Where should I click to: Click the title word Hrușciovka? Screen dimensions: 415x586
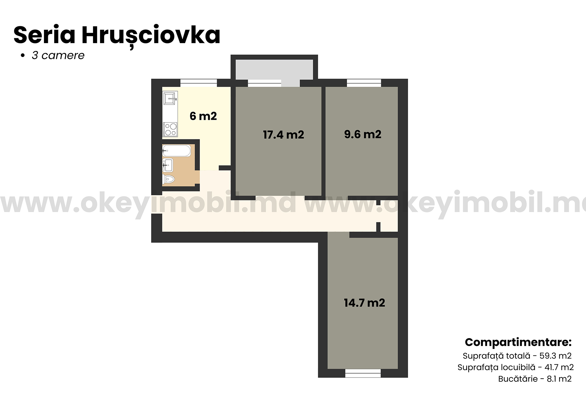click(x=151, y=35)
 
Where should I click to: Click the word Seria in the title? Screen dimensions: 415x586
click(x=44, y=35)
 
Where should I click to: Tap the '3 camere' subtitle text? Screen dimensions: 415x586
click(x=58, y=56)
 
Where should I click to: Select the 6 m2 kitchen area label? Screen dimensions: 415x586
click(x=203, y=116)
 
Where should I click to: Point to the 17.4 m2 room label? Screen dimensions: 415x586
click(x=284, y=135)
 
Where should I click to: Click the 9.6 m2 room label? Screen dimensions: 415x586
click(x=363, y=134)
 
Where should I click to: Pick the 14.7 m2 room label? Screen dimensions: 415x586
click(x=364, y=303)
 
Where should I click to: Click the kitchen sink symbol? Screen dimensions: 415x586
click(x=170, y=98)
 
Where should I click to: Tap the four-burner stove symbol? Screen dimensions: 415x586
click(x=170, y=129)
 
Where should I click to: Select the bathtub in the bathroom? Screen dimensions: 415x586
click(x=176, y=151)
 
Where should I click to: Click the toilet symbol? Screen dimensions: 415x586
click(x=168, y=179)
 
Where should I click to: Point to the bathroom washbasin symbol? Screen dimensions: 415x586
click(x=168, y=165)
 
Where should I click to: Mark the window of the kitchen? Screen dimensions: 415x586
click(x=198, y=83)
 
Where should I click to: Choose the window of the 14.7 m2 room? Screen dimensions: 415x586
click(x=363, y=373)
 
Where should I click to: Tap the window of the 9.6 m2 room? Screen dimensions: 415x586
click(x=364, y=83)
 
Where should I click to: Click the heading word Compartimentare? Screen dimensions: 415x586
click(x=518, y=342)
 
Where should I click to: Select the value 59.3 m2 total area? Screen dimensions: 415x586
click(x=555, y=356)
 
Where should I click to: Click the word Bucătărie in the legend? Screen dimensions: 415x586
click(x=518, y=379)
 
